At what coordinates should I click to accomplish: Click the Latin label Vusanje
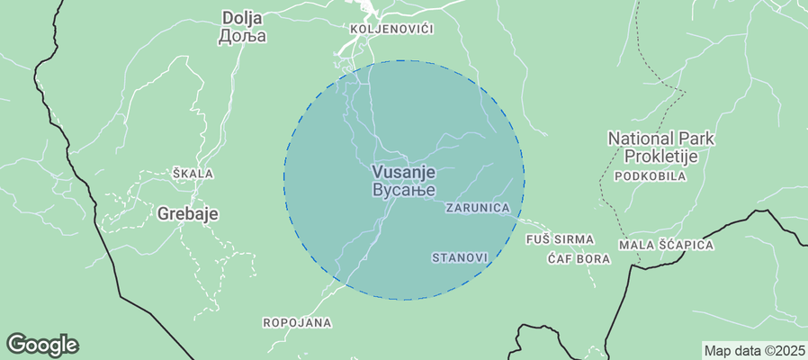(403, 172)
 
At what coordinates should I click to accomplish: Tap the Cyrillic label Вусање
(403, 190)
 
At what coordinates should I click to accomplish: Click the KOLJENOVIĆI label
(391, 30)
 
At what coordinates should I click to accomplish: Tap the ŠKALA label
(193, 173)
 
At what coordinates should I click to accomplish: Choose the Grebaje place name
(188, 214)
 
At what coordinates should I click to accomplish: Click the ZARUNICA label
(478, 208)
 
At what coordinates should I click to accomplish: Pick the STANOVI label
(460, 257)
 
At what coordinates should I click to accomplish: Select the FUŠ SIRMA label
(560, 239)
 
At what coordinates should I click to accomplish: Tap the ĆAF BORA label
(579, 259)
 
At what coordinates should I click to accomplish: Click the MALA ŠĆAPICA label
(666, 245)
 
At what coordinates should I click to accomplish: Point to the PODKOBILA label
(650, 176)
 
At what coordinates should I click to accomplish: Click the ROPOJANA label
(296, 322)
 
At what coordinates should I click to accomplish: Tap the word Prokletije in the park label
(661, 157)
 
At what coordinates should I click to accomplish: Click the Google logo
(42, 344)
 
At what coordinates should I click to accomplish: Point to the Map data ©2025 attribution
(753, 350)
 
